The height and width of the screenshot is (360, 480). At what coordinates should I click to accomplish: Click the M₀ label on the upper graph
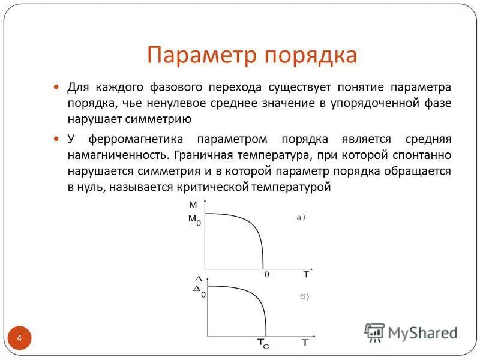(195, 220)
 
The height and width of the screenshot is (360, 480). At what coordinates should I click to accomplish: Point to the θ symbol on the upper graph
(267, 274)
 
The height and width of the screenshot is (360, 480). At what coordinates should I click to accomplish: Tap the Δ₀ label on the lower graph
(199, 290)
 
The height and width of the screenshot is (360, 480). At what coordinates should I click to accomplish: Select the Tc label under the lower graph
(263, 343)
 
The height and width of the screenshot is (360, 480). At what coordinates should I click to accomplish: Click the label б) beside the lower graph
(304, 296)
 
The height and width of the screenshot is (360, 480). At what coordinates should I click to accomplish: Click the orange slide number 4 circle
(19, 339)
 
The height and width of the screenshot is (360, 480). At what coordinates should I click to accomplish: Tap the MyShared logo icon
(374, 332)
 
